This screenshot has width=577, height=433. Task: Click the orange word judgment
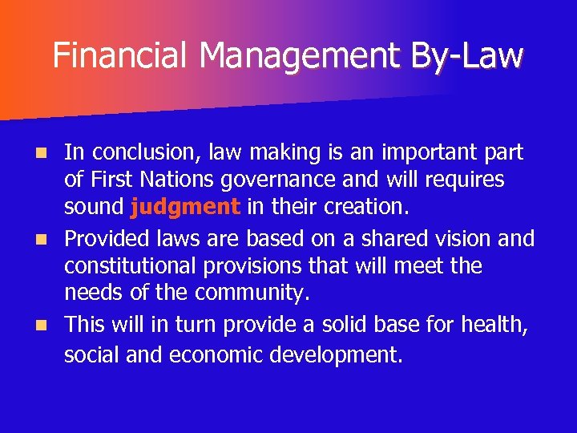[184, 208]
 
